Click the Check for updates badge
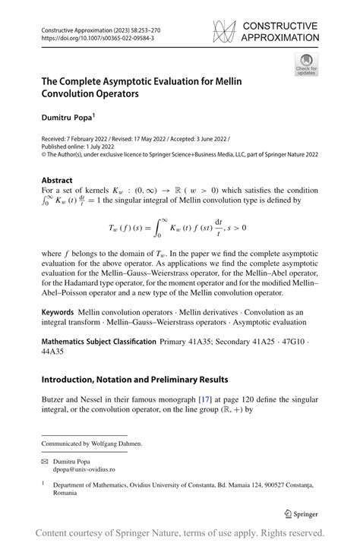click(x=306, y=64)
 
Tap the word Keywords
click(x=58, y=312)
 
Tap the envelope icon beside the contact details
click(x=46, y=460)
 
